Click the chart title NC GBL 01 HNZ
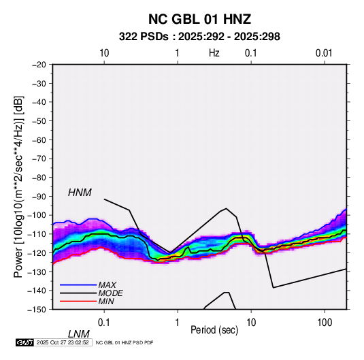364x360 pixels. point(199,19)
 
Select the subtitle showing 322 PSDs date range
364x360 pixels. point(199,37)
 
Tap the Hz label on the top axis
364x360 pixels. point(214,53)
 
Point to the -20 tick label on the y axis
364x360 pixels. point(39,65)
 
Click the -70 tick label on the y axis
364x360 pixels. point(39,159)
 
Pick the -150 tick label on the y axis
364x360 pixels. point(37,310)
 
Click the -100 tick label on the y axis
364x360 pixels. point(37,215)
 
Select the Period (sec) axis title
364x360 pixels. point(214,330)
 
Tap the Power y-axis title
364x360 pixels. point(18,187)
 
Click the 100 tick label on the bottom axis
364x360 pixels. point(325,323)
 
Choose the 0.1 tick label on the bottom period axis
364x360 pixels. point(104,323)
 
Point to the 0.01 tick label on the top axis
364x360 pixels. point(324,53)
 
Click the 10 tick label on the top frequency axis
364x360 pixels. point(104,53)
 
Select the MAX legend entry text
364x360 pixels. point(107,285)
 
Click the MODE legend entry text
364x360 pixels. point(110,293)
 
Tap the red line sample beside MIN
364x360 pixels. point(78,301)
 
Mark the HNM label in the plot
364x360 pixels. point(80,193)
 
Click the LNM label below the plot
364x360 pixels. point(79,334)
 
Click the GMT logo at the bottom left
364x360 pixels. point(24,342)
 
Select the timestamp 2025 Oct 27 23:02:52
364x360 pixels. point(63,342)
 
